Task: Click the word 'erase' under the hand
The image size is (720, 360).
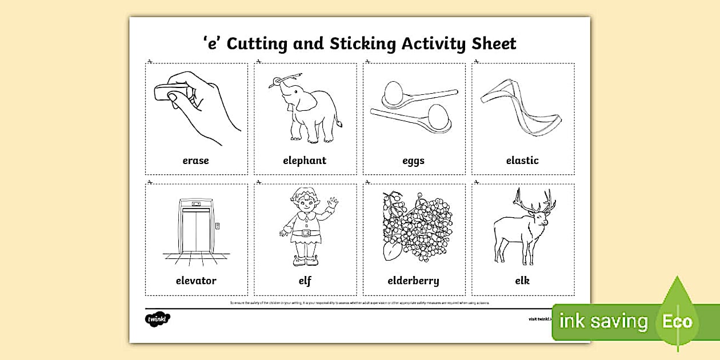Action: (195, 161)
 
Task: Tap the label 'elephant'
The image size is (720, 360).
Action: (305, 161)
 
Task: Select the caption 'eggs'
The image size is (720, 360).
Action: (413, 161)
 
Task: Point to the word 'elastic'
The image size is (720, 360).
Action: (522, 161)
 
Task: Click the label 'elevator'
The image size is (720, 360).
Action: (196, 281)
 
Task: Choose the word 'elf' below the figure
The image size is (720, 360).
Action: (305, 281)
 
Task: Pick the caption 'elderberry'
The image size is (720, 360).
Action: (413, 281)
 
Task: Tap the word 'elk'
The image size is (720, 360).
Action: (522, 281)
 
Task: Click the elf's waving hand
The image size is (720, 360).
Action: (333, 203)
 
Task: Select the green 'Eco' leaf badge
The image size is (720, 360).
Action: (678, 320)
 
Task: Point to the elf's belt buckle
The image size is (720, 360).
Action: (305, 233)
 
